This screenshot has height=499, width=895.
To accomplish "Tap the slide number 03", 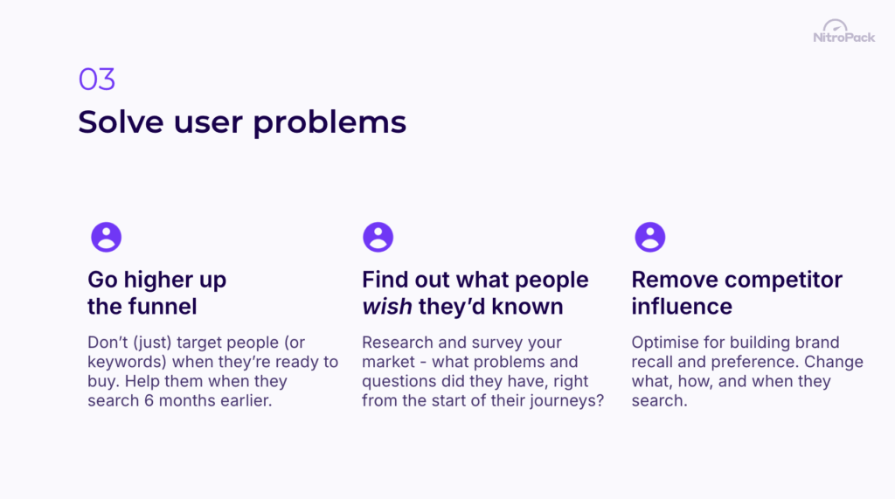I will (96, 80).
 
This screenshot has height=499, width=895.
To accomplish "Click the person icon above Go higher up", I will (106, 237).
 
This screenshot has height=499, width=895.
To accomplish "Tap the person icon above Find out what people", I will (378, 237).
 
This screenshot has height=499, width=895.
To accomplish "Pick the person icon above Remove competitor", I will (649, 237).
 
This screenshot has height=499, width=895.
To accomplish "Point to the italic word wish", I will (385, 307).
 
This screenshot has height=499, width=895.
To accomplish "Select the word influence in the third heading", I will (682, 307).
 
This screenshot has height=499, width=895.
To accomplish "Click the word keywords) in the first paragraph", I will (122, 362).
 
